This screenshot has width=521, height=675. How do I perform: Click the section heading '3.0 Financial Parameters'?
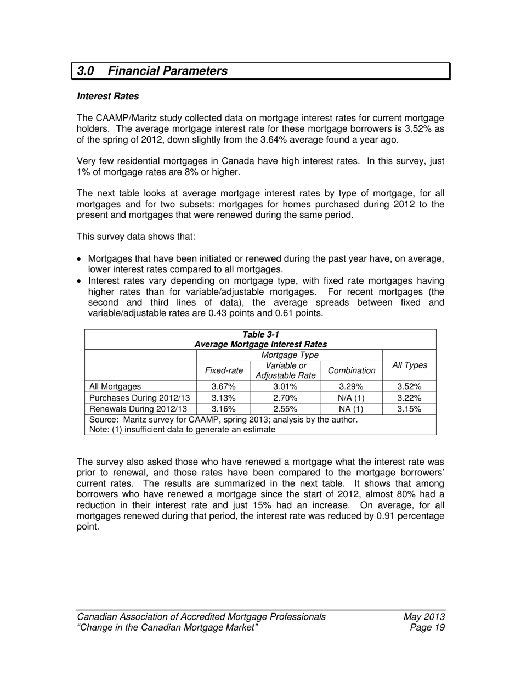coord(152,71)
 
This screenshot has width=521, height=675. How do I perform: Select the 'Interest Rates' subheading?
coord(108,96)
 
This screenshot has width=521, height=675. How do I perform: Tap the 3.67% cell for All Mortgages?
coord(223,386)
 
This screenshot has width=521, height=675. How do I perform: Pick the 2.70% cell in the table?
coord(285,398)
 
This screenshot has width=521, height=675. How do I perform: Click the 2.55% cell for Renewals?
coord(285,409)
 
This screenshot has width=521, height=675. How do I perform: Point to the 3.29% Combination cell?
coord(351,386)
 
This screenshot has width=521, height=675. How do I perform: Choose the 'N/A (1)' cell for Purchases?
coord(351,398)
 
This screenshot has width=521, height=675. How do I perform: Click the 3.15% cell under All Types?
coord(409,409)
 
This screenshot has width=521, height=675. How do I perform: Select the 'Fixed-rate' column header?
coord(224,370)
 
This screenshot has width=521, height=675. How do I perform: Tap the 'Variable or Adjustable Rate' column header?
coord(285,370)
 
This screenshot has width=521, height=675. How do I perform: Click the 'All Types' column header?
coord(409,365)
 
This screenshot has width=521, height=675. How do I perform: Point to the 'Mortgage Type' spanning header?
coord(290,355)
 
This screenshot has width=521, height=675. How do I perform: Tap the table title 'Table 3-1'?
coord(260,334)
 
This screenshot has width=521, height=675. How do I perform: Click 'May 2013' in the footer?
coord(423,616)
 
